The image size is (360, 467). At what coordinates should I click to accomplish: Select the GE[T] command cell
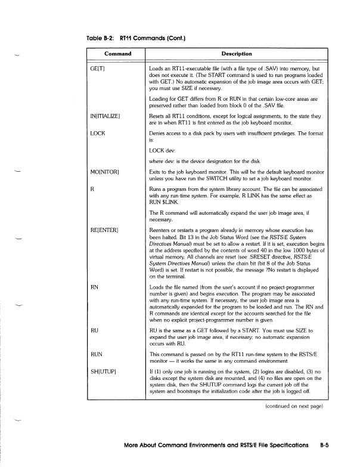(95, 69)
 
